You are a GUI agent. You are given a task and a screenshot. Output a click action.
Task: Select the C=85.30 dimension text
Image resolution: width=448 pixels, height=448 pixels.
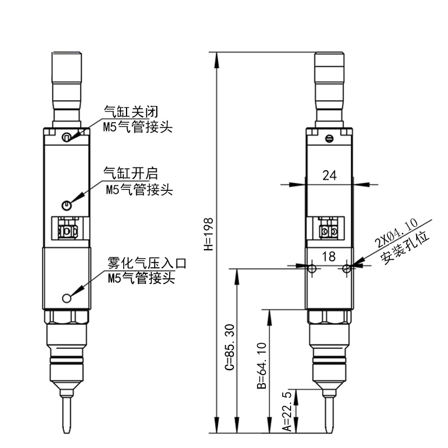point(228,347)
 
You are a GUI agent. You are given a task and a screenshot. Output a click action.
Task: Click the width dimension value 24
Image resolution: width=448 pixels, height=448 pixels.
point(330,175)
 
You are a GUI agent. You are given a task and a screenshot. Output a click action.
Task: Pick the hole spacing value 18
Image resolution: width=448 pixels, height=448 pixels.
point(329,256)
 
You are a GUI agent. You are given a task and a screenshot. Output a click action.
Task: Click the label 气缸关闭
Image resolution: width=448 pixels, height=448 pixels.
point(127,111)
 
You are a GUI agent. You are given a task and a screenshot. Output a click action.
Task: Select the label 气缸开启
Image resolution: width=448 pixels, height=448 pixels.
point(127,172)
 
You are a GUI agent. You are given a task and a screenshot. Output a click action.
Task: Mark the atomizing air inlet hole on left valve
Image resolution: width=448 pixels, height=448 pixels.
point(67,298)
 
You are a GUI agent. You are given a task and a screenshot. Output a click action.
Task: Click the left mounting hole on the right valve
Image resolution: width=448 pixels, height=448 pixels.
point(312,269)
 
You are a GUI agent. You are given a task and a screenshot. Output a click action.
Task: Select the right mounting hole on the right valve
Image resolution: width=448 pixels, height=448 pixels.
point(347,269)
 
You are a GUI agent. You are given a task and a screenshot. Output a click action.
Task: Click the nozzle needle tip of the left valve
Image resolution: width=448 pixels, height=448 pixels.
point(67,430)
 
